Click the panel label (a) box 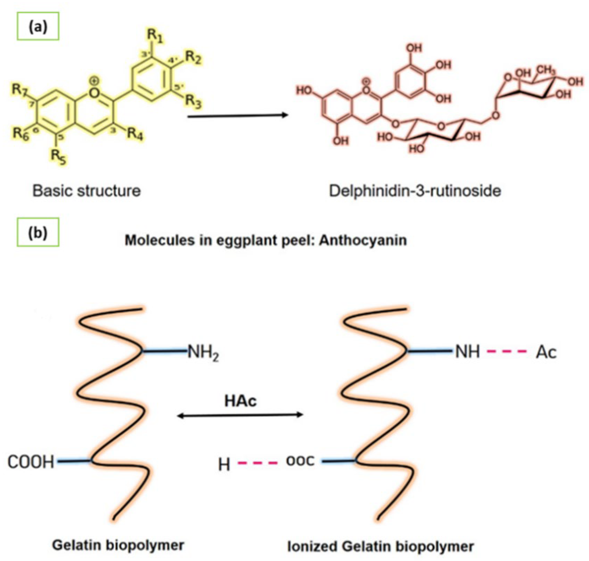pyautogui.click(x=38, y=26)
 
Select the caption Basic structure pyautogui.click(x=86, y=191)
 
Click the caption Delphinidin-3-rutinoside pyautogui.click(x=415, y=191)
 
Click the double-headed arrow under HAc pyautogui.click(x=240, y=415)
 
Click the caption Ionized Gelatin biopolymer pyautogui.click(x=381, y=546)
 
